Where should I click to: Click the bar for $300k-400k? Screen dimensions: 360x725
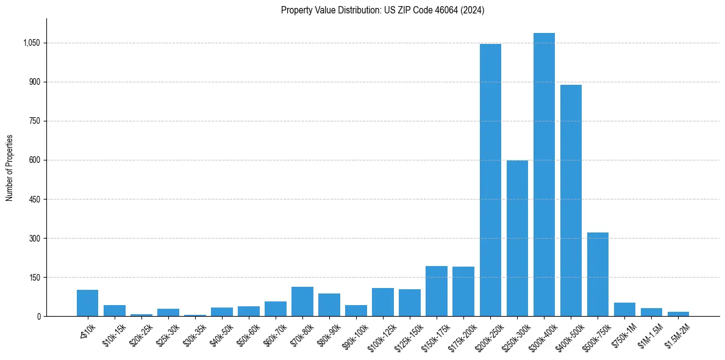click(x=544, y=175)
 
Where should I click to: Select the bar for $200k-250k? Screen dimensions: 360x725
click(x=490, y=180)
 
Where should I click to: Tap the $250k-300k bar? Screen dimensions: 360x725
click(x=517, y=238)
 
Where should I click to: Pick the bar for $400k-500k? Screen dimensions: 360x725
click(x=571, y=200)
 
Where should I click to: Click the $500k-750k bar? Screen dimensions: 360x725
click(x=598, y=274)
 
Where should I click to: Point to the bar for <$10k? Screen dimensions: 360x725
click(x=87, y=303)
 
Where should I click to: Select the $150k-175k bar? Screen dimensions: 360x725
click(x=437, y=291)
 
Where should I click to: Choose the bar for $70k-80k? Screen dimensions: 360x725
click(x=302, y=301)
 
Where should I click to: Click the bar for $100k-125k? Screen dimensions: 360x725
click(x=383, y=302)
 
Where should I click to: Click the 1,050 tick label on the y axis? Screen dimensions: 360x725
click(x=32, y=43)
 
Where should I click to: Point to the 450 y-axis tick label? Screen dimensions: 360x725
click(x=35, y=200)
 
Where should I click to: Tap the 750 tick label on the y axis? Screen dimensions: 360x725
click(x=35, y=121)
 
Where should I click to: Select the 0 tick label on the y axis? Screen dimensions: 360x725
click(x=38, y=317)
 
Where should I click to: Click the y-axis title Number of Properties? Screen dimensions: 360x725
click(x=10, y=168)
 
